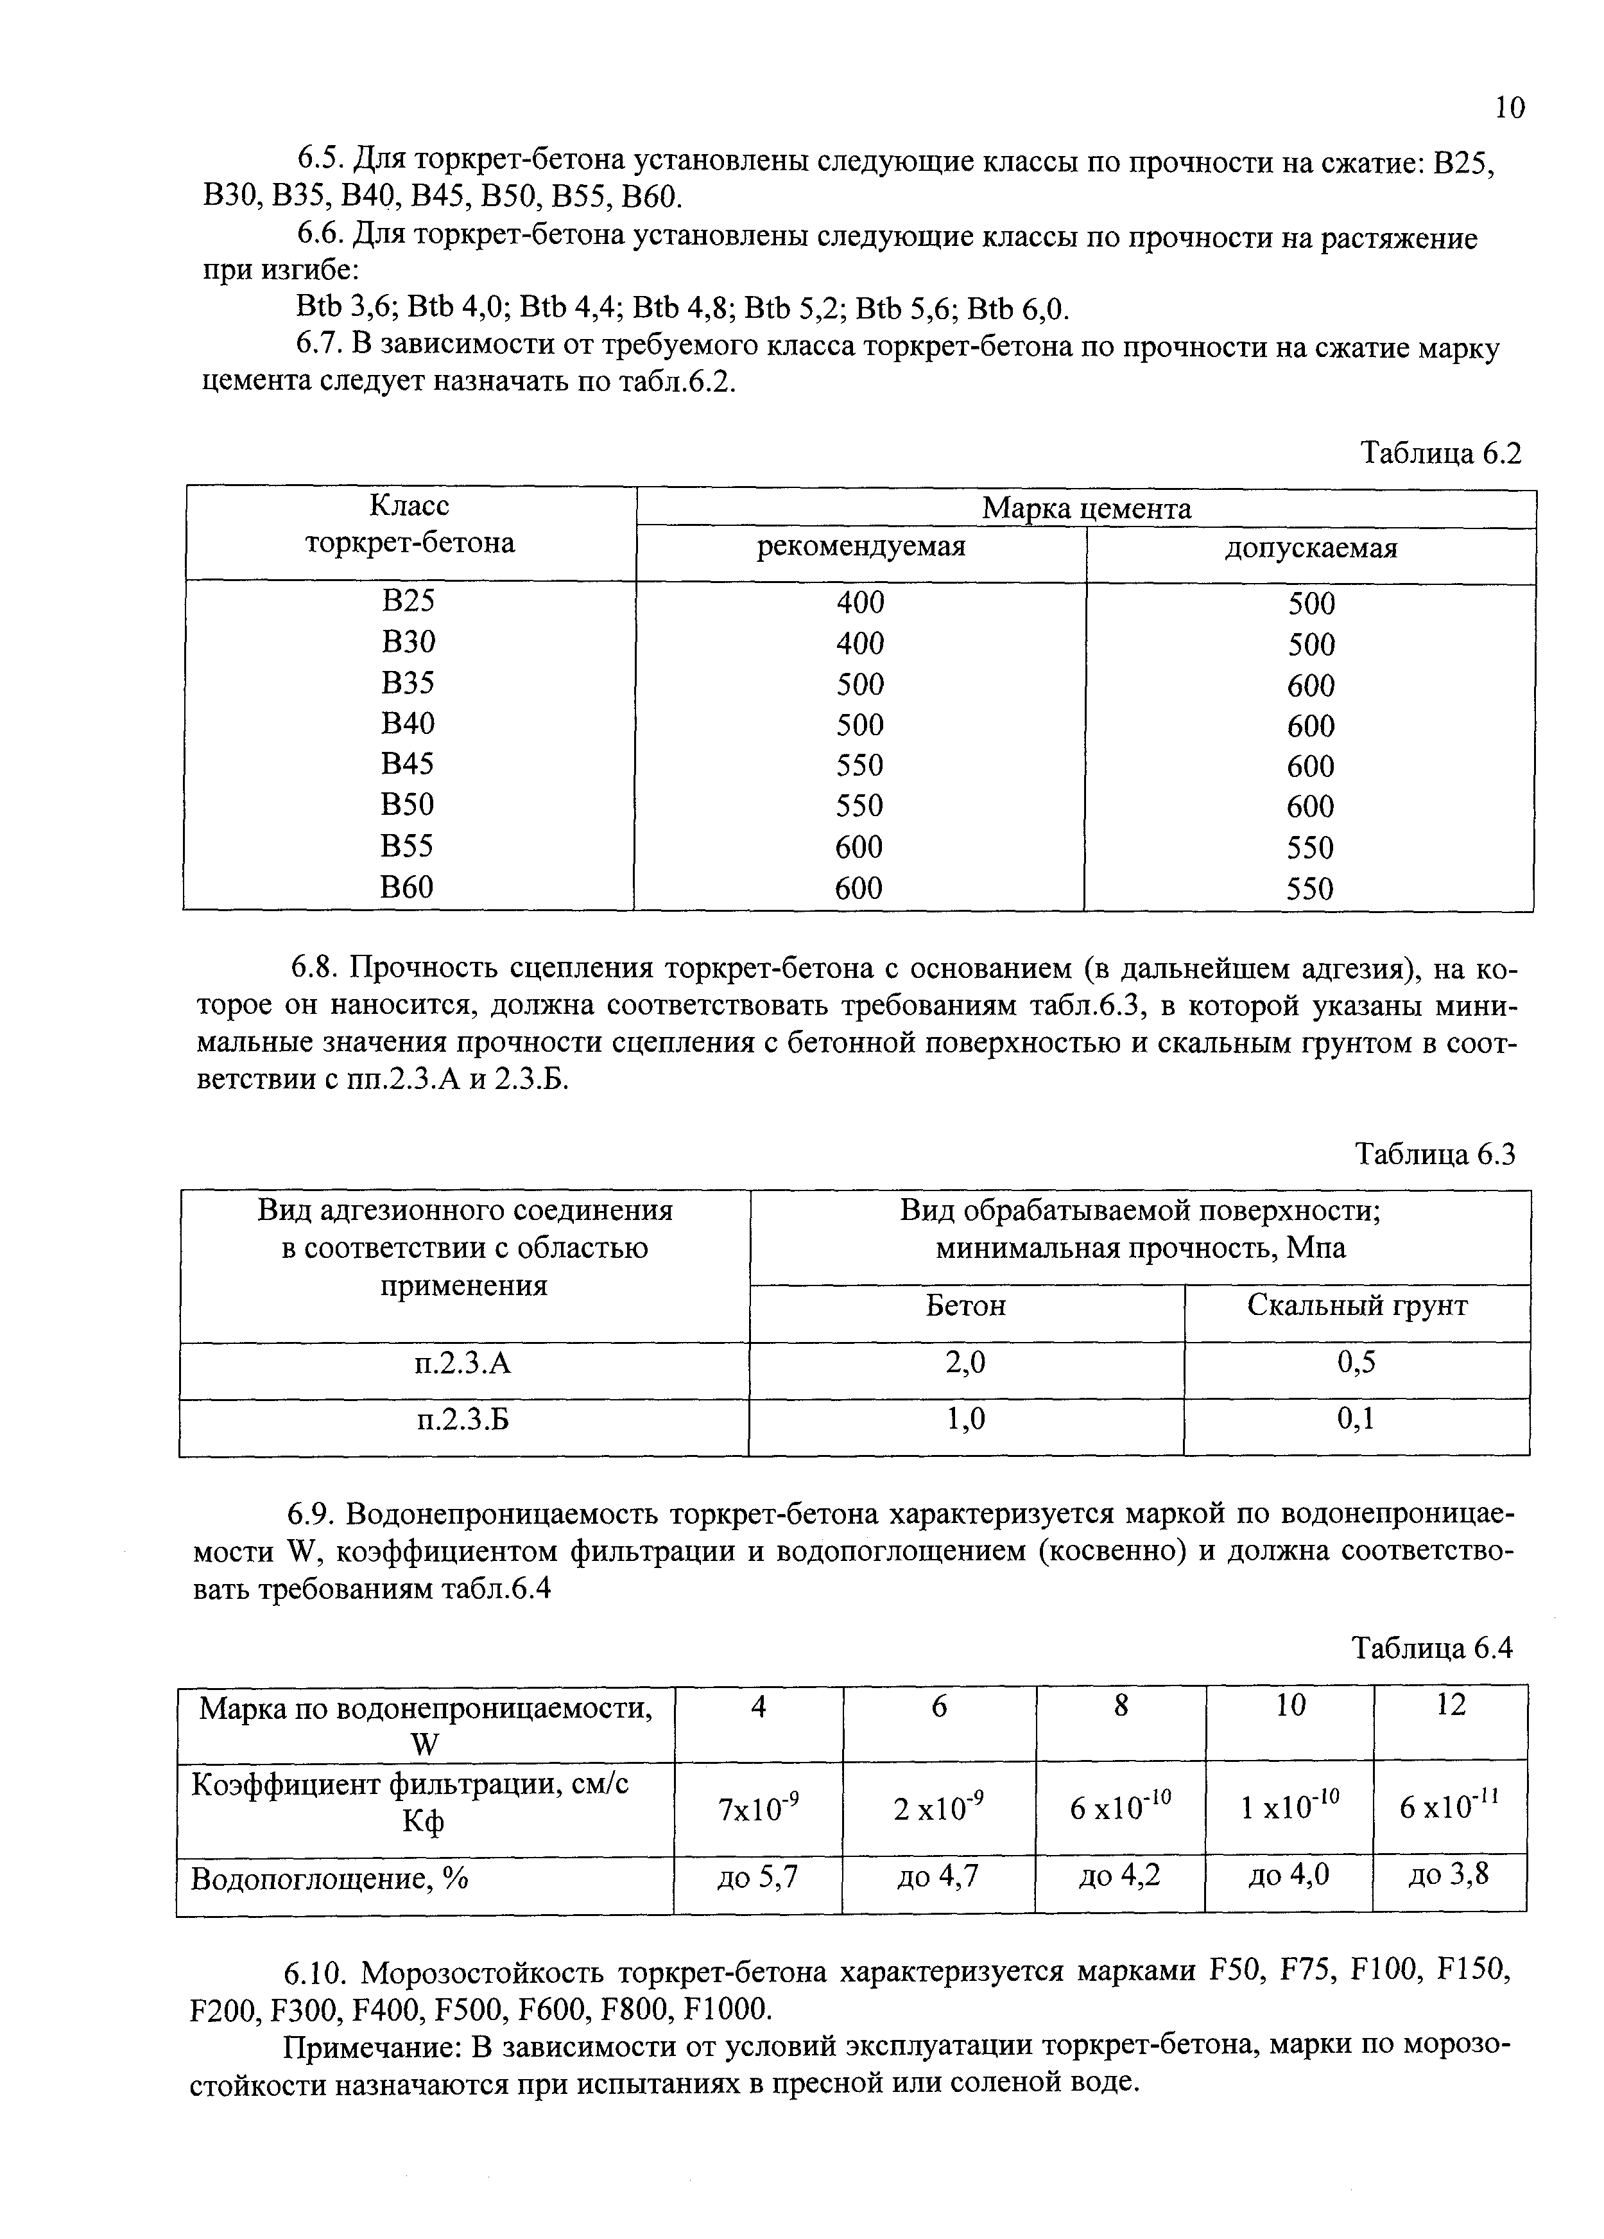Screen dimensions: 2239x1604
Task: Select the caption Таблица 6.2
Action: (1441, 453)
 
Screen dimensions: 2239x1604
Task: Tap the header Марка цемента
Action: (1086, 509)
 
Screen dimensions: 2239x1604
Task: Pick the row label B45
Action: (408, 764)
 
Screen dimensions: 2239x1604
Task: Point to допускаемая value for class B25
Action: (1310, 603)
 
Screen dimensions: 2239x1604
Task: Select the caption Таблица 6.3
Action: (1434, 1154)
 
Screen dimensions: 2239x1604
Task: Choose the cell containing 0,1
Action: (1356, 1420)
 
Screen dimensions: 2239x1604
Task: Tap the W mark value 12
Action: (1450, 1705)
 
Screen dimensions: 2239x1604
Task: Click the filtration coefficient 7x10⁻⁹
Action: (757, 1809)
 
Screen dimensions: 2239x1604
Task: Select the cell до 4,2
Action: (1119, 1876)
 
